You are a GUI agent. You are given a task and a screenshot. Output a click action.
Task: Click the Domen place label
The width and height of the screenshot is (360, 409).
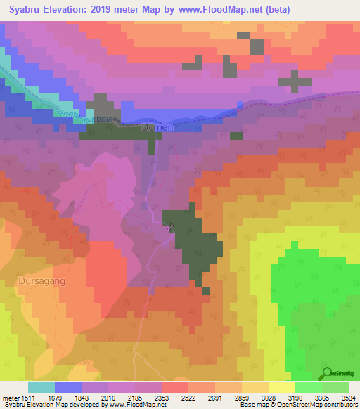click(x=156, y=128)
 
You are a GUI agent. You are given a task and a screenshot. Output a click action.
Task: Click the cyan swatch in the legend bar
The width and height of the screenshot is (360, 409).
click(x=41, y=387)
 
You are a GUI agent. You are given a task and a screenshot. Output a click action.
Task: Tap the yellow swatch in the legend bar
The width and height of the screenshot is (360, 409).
click(x=281, y=387)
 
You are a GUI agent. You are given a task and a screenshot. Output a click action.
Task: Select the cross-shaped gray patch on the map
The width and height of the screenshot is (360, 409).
click(x=295, y=81)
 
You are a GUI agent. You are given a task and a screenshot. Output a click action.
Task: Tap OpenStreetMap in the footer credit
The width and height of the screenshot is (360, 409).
click(x=294, y=405)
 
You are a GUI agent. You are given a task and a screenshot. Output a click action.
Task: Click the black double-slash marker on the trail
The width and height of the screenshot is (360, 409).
click(x=171, y=226)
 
